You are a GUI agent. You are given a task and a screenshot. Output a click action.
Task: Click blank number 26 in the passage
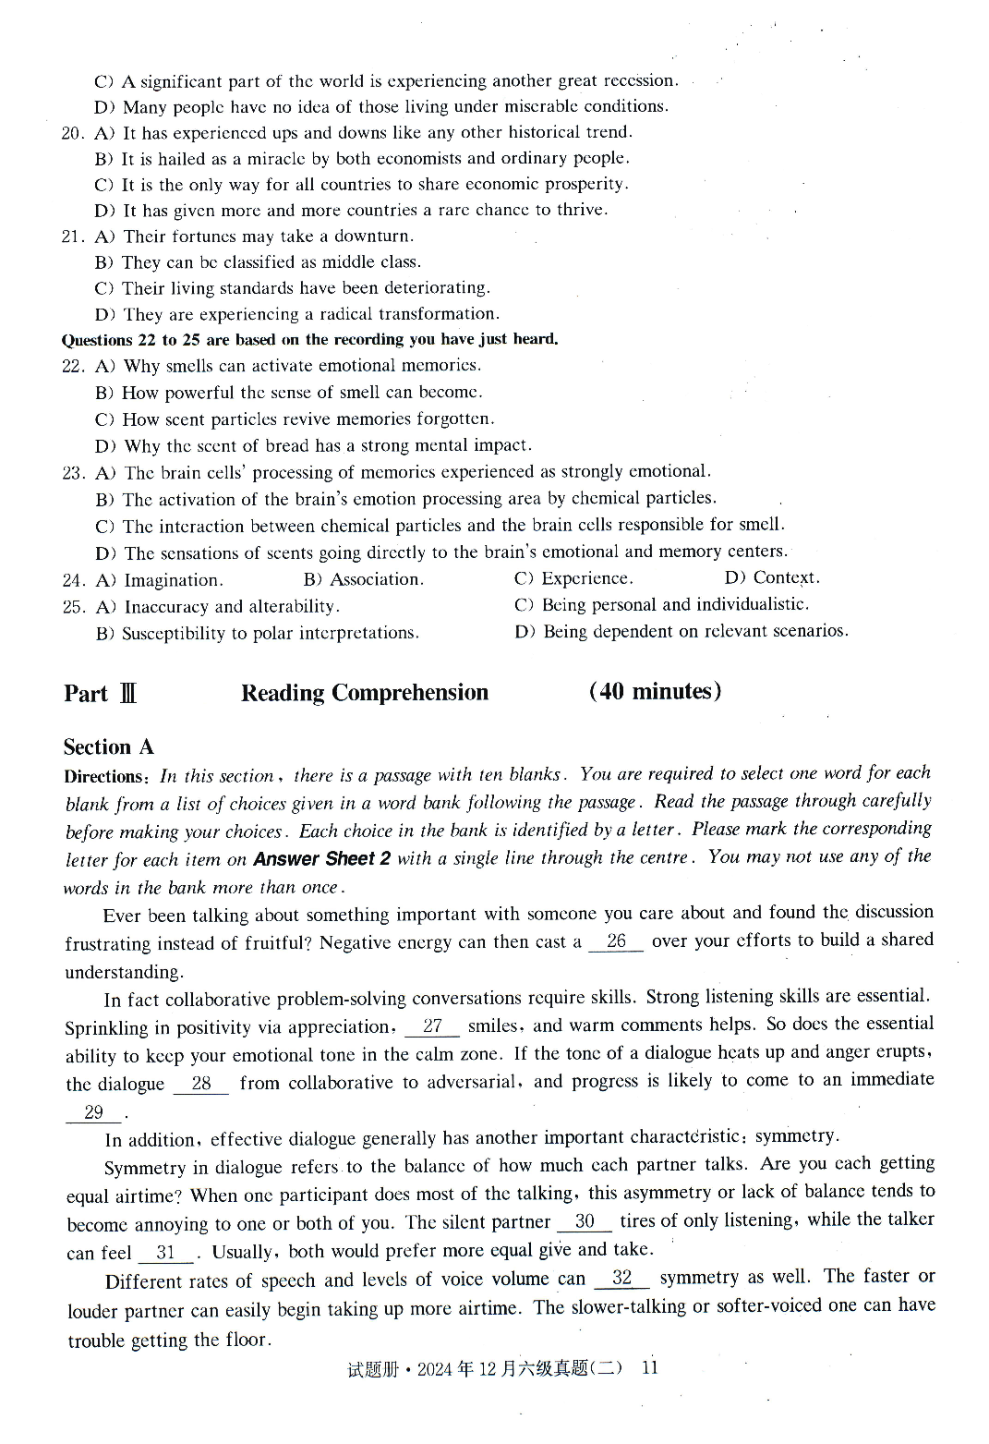[x=616, y=941]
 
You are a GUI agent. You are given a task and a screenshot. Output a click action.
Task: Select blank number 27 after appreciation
[x=432, y=1026]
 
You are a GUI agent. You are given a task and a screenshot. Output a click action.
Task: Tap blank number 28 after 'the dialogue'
[x=201, y=1084]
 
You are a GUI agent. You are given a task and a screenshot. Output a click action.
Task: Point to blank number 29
[x=93, y=1112]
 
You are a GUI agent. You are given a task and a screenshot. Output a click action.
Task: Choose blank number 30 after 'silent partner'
[x=585, y=1221]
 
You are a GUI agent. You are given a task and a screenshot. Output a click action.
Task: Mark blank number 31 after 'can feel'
[x=166, y=1253]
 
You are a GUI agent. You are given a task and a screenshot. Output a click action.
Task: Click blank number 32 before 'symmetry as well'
[x=622, y=1279]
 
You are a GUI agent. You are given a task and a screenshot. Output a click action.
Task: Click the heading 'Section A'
[x=108, y=746]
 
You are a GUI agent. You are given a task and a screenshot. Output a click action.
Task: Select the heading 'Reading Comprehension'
[x=364, y=693]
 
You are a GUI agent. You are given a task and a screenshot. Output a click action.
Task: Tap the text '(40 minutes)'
[x=655, y=691]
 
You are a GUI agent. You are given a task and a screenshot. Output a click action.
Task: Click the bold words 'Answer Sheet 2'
[x=321, y=859]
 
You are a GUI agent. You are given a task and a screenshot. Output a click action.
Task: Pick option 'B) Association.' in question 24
[x=363, y=579]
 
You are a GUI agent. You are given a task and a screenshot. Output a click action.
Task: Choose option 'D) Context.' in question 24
[x=772, y=577]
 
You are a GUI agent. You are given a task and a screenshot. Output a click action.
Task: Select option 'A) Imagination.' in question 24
[x=160, y=580]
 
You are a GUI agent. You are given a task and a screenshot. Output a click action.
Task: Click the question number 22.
[x=73, y=367]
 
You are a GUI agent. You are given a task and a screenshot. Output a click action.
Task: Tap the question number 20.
[x=73, y=133]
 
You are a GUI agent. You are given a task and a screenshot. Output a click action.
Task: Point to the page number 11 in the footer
[x=649, y=1368]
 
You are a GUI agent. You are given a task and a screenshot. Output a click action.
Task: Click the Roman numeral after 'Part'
[x=127, y=694]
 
